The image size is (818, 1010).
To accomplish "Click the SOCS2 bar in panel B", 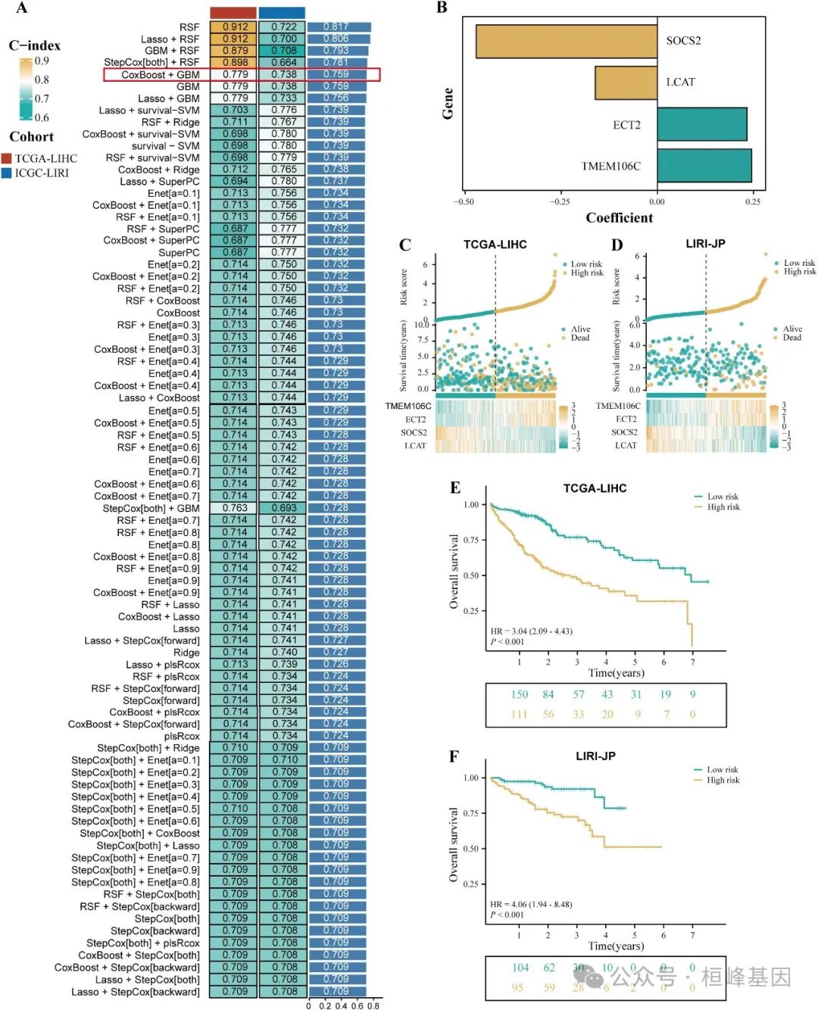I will tap(566, 42).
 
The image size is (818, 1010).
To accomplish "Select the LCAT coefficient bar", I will tap(626, 83).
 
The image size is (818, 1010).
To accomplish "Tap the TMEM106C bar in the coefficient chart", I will tap(704, 166).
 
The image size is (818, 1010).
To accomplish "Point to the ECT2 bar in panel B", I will tap(701, 124).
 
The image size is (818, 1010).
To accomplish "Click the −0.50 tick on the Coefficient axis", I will tap(464, 201).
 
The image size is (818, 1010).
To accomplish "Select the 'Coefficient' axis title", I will tap(619, 218).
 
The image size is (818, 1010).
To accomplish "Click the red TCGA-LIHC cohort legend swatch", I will tap(7, 158).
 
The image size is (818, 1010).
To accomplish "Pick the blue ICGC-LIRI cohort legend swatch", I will tap(7, 173).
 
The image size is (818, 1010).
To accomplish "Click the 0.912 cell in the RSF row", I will tap(235, 26).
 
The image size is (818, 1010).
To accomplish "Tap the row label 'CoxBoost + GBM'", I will tap(161, 75).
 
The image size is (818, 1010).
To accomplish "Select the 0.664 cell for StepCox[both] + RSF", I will tap(283, 62).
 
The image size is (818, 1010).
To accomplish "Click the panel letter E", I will tap(455, 488).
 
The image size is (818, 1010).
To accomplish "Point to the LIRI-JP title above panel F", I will tap(595, 756).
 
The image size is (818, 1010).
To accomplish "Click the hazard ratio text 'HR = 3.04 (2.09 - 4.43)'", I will tap(531, 631).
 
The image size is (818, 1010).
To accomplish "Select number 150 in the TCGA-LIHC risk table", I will tap(519, 694).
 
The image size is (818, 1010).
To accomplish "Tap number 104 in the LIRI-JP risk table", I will tap(520, 968).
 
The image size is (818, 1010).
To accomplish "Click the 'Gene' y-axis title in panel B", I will tap(448, 103).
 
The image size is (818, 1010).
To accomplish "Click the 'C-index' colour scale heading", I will tap(35, 45).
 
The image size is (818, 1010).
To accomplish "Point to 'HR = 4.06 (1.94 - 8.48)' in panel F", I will tap(531, 904).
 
